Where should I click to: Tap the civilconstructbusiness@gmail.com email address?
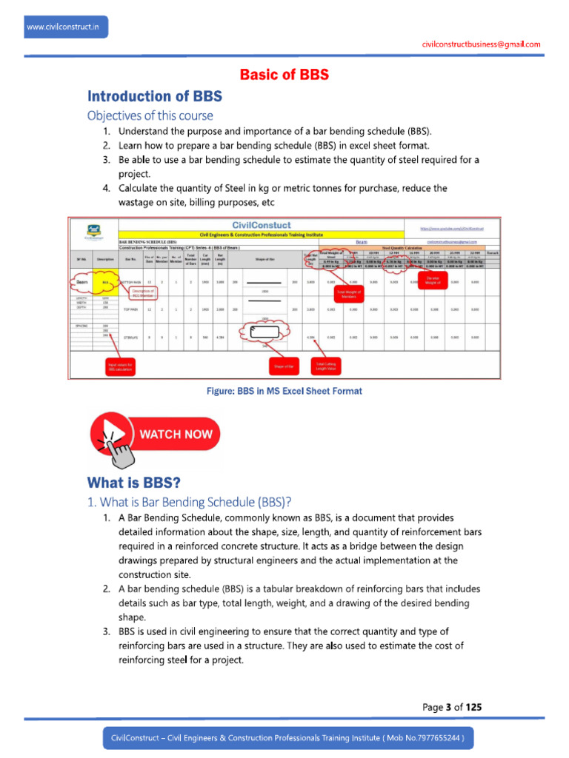[x=481, y=44]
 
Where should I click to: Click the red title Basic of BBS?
[x=284, y=75]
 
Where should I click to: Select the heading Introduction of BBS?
[x=155, y=96]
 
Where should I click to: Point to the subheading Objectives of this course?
[x=150, y=115]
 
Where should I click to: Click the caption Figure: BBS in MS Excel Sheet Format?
[x=284, y=391]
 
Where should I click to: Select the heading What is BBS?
[x=134, y=483]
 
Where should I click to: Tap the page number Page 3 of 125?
[x=452, y=707]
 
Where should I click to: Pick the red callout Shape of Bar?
[x=284, y=366]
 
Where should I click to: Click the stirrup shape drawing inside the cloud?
[x=264, y=332]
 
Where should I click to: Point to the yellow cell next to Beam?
[x=107, y=281]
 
